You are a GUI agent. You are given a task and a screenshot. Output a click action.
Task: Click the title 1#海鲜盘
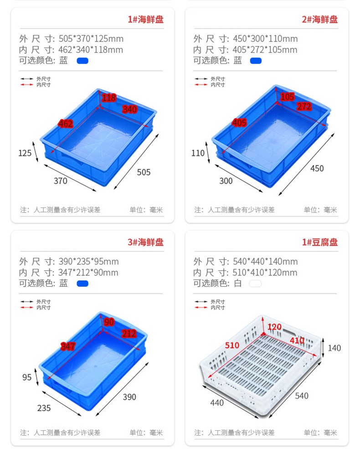tap(146, 19)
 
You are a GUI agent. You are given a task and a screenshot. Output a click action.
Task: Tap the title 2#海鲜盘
tap(320, 19)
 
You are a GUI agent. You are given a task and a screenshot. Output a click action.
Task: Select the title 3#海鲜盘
tap(146, 242)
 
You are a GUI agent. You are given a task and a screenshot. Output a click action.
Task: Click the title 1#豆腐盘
tap(320, 242)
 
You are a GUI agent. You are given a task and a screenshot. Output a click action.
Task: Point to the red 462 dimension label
tap(66, 124)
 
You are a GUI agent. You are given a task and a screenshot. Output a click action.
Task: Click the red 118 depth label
tap(109, 98)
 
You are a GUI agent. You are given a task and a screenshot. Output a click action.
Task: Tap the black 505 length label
tap(144, 172)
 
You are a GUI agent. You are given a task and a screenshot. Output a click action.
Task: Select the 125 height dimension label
tap(25, 153)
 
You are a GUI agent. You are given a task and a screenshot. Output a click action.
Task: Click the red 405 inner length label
tap(239, 123)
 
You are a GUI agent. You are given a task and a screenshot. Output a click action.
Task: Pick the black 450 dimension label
tap(317, 168)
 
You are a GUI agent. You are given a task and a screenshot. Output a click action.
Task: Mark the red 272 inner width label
tap(303, 107)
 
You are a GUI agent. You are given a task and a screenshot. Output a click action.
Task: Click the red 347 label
tap(68, 346)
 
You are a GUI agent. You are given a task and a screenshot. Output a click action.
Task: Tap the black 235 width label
tap(44, 408)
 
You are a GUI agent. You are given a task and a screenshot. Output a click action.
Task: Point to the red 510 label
tap(232, 345)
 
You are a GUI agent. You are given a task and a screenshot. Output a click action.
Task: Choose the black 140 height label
tap(334, 348)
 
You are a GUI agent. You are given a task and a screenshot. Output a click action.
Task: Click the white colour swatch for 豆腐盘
tap(255, 284)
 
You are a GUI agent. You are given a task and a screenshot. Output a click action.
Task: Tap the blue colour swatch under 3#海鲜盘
tap(82, 284)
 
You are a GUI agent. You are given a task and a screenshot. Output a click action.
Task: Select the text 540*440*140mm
tap(265, 262)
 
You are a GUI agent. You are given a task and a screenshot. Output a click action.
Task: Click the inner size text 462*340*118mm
tap(91, 50)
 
